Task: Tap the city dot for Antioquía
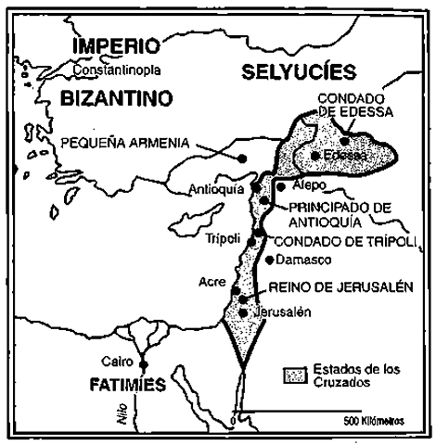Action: click(255, 188)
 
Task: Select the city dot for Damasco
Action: click(270, 259)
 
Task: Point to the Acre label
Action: click(211, 281)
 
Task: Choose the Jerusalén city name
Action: click(276, 311)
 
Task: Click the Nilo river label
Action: click(122, 415)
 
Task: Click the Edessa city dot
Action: click(315, 156)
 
